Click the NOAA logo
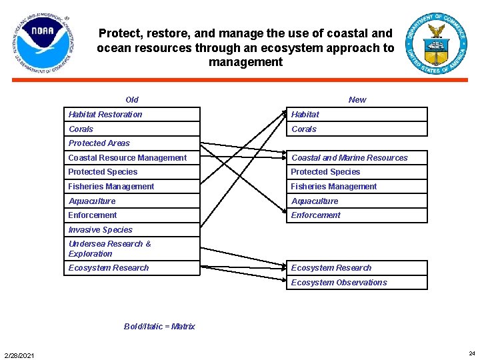[x=43, y=43]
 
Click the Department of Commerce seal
[x=436, y=43]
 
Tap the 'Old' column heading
[x=132, y=100]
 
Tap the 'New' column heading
[x=357, y=100]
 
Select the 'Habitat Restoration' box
[x=132, y=114]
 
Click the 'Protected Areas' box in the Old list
[x=132, y=143]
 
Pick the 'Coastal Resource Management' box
[x=132, y=157]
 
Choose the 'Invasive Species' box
[x=132, y=229]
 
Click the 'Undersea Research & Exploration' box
[x=132, y=249]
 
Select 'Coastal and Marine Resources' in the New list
[x=357, y=157]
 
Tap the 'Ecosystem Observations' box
[x=357, y=282]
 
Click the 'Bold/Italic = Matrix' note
[x=159, y=326]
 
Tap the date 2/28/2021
[x=19, y=355]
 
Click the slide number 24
[x=472, y=353]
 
